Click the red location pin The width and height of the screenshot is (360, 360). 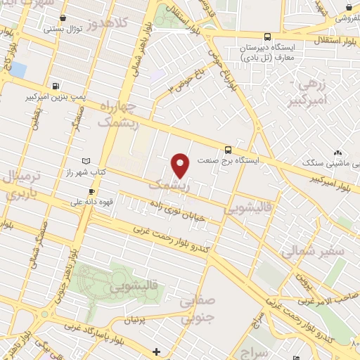(181, 165)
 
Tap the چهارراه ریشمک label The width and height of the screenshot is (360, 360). (126, 113)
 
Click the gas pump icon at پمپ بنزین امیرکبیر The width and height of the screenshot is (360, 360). (55, 83)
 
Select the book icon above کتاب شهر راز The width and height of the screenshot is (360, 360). (86, 161)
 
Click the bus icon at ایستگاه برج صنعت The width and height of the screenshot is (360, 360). (227, 149)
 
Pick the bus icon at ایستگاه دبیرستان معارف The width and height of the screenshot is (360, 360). (266, 37)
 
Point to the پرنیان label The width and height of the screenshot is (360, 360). (138, 320)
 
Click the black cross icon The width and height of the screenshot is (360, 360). (156, 351)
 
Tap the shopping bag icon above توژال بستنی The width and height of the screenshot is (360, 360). (64, 17)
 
